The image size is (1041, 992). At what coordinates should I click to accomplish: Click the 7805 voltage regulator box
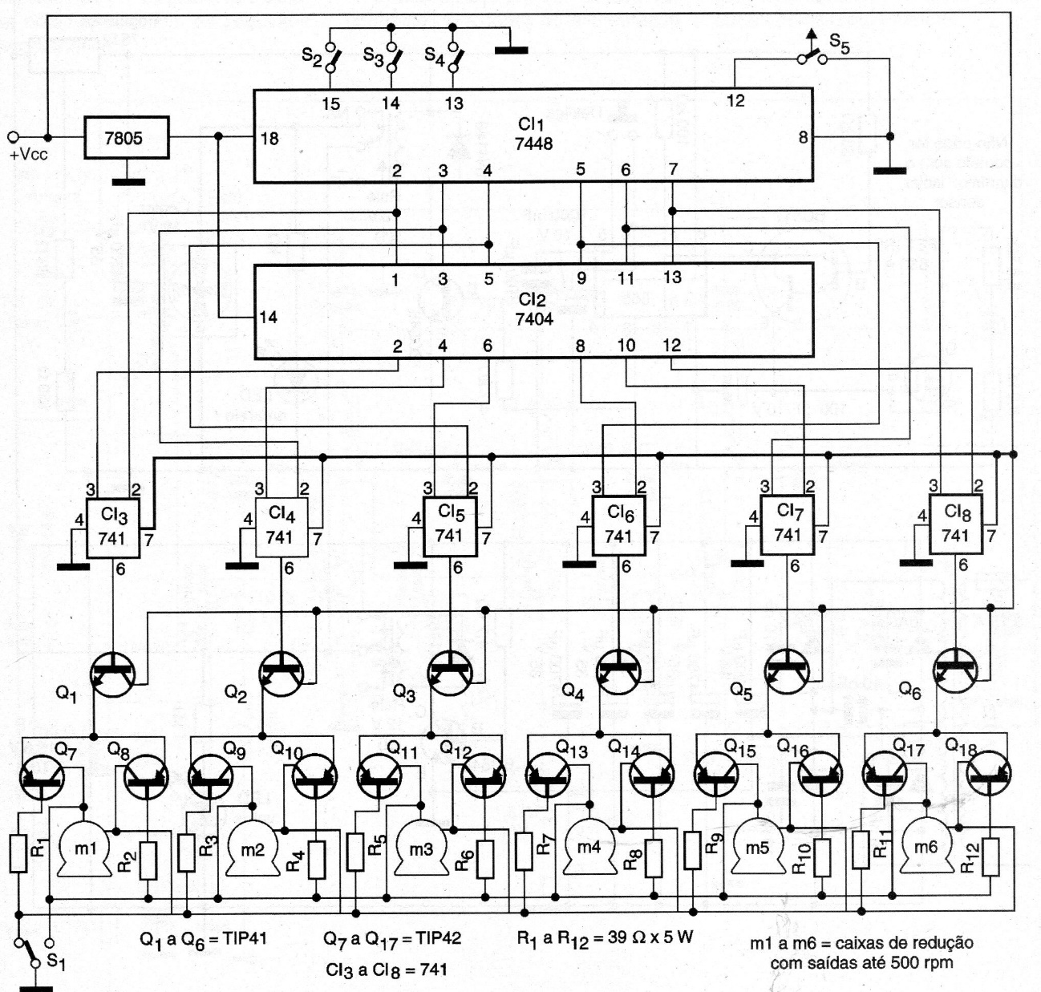(126, 138)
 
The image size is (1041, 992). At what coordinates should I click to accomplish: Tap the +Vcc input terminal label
(29, 154)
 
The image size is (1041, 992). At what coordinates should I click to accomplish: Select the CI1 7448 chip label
(533, 134)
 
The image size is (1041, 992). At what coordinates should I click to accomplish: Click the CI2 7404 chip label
(533, 310)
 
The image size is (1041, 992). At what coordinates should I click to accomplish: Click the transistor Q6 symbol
(956, 670)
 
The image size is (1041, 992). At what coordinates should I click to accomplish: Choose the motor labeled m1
(84, 849)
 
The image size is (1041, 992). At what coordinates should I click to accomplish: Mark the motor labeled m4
(589, 848)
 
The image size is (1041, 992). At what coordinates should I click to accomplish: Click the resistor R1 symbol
(19, 852)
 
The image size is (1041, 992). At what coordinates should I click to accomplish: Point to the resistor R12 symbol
(991, 856)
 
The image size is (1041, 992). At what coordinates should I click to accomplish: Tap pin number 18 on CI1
(269, 139)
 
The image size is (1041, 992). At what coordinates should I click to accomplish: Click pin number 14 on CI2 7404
(268, 317)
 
